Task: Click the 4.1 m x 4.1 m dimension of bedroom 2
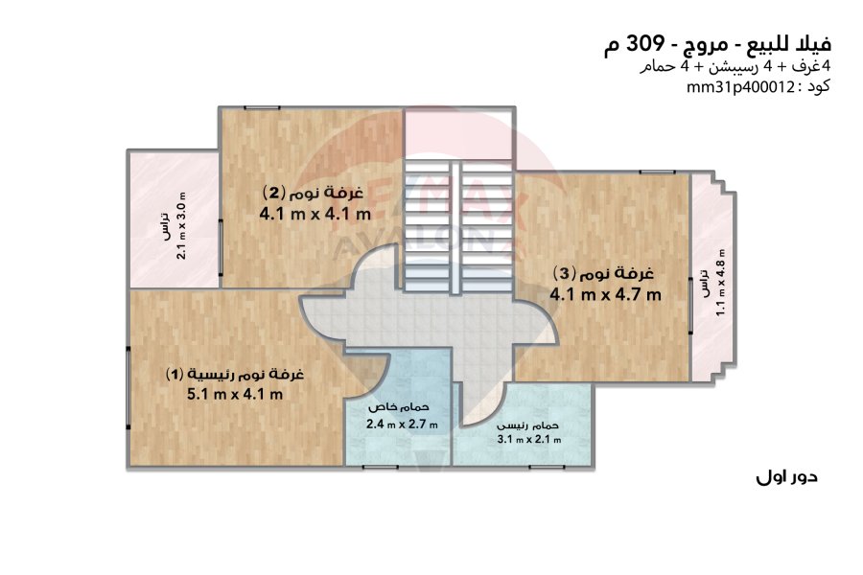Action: [x=315, y=214]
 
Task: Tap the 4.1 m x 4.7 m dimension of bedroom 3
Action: [x=605, y=294]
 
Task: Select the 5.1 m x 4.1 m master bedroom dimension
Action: [x=235, y=394]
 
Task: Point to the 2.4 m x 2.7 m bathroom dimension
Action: [x=402, y=425]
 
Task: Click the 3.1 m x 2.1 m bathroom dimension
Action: [x=529, y=440]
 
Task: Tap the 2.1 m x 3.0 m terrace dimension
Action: [x=181, y=225]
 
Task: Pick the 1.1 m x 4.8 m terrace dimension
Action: [x=720, y=283]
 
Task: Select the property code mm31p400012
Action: [x=739, y=87]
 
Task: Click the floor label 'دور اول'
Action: [x=786, y=476]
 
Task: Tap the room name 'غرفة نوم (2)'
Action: [x=314, y=193]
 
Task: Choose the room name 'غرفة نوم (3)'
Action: [x=604, y=273]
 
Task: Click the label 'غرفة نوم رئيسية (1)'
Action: [x=235, y=374]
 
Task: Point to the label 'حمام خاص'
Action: [x=399, y=407]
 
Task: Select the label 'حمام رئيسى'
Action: [x=527, y=425]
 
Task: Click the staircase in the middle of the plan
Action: [x=458, y=227]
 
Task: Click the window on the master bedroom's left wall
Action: [x=128, y=388]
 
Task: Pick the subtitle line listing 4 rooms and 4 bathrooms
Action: [x=735, y=67]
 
